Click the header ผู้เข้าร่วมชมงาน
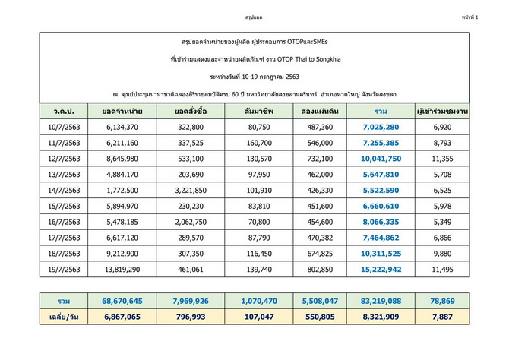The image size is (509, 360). tap(447, 113)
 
